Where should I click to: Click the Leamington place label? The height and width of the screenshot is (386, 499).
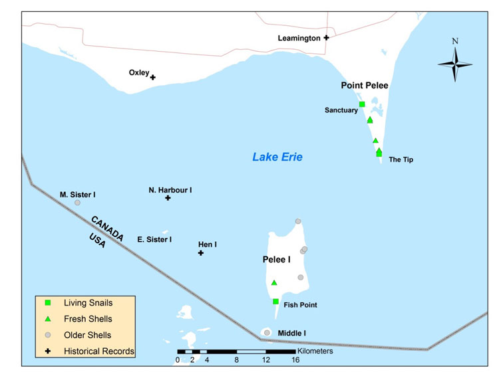coord(299,39)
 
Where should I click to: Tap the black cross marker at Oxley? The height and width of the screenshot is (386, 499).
coord(153,78)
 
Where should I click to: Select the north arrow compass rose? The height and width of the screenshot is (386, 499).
coord(455,64)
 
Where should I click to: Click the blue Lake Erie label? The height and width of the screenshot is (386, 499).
coord(277,157)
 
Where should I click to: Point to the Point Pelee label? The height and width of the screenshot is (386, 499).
coord(364,86)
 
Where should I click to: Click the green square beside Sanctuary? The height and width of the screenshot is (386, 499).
coord(362,104)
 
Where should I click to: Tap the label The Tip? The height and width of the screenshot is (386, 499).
coord(401,159)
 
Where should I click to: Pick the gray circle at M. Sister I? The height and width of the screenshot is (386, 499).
coord(77,203)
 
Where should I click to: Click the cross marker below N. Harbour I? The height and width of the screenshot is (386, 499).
coord(168,198)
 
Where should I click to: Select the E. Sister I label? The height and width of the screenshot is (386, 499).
coord(154,239)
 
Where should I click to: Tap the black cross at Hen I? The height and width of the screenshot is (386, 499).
coord(200,253)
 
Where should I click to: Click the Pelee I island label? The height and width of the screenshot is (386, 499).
coord(277,260)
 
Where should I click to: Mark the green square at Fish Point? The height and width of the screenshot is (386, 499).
coord(275,302)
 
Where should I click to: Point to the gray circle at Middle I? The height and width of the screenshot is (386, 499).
coord(267,332)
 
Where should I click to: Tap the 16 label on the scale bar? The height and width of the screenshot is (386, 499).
coord(295,360)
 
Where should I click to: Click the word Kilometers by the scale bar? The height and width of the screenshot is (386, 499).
coord(316,351)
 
